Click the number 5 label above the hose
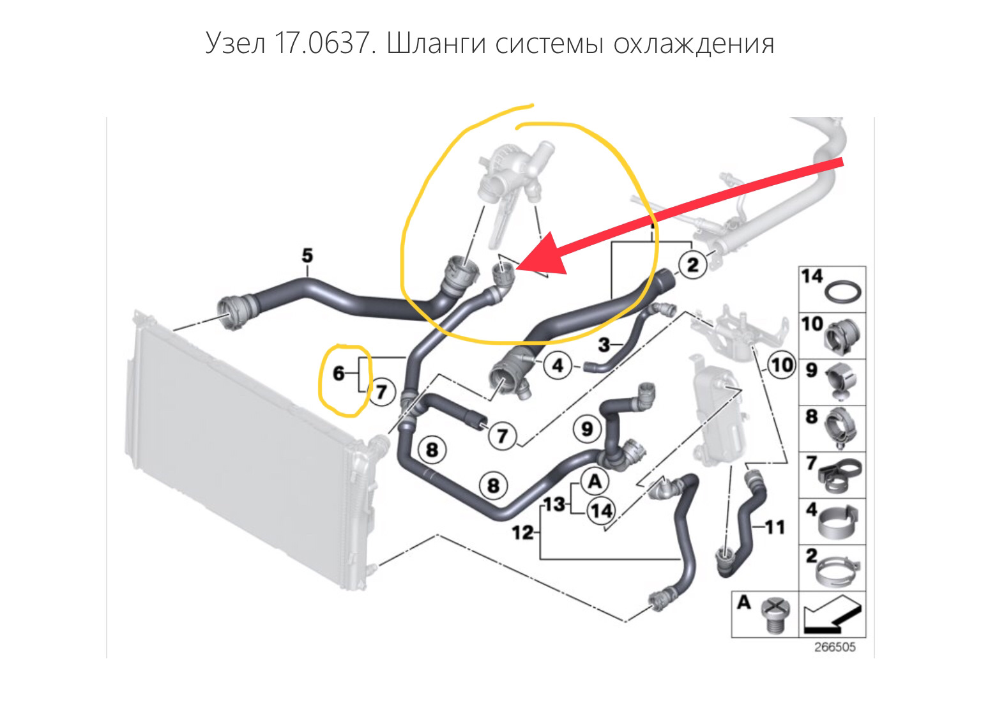[x=307, y=256]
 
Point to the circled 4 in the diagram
[x=558, y=366]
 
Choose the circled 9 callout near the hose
[x=587, y=428]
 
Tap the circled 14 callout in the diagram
[x=600, y=511]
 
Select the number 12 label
[x=523, y=531]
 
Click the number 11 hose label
[x=774, y=527]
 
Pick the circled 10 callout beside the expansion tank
[x=780, y=366]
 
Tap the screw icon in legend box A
[x=775, y=616]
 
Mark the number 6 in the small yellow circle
[x=338, y=374]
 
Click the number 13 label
[x=555, y=504]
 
